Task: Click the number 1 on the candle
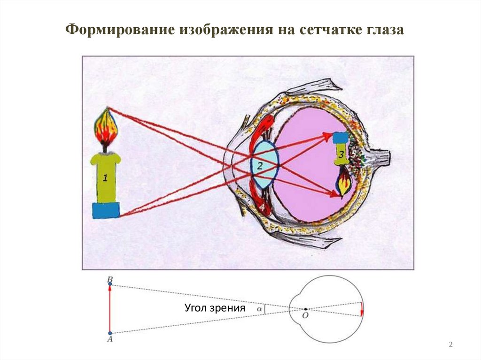(x=106, y=177)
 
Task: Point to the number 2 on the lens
(x=260, y=165)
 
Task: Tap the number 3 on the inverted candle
(x=341, y=154)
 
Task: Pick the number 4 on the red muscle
(x=262, y=207)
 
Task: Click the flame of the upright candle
(x=106, y=127)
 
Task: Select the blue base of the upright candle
(x=106, y=210)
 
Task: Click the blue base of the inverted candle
(x=341, y=138)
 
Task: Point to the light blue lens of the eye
(x=266, y=165)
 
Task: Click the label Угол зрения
(x=215, y=308)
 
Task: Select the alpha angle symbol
(x=259, y=309)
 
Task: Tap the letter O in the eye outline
(x=305, y=315)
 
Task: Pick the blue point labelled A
(x=110, y=333)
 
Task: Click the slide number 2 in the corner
(x=450, y=345)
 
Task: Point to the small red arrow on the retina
(x=362, y=310)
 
